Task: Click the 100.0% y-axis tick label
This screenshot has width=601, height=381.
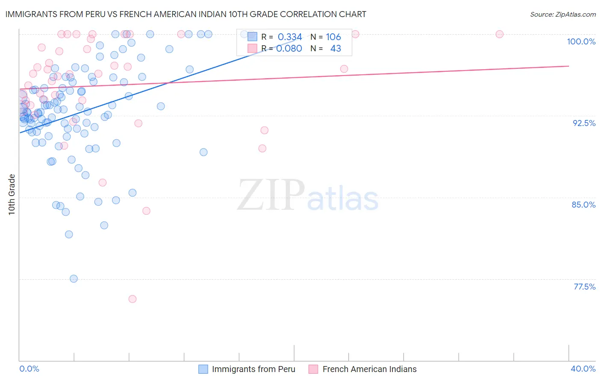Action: pos(581,41)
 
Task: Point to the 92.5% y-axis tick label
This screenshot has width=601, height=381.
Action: pos(584,123)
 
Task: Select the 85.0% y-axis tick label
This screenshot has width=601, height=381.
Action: pos(583,205)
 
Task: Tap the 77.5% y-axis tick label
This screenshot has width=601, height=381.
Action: pos(584,287)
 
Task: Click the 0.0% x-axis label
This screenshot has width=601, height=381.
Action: pos(29,369)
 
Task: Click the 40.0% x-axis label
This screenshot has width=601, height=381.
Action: pos(583,369)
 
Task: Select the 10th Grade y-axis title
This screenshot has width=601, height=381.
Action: pos(12,194)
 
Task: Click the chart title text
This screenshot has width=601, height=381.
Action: pos(186,14)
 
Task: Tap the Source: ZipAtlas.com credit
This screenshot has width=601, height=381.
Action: pos(563,15)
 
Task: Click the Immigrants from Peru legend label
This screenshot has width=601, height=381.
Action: pos(253,369)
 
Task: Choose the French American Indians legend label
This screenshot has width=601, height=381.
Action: pos(369,369)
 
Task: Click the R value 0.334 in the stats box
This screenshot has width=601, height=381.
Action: pos(290,37)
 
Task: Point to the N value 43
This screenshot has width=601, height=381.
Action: pos(336,49)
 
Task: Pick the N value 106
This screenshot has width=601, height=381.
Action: pos(333,37)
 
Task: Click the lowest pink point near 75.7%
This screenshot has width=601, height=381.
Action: pos(133,299)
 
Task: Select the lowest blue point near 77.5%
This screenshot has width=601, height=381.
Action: pos(74,279)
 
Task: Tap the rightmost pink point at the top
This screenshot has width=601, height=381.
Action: pos(499,34)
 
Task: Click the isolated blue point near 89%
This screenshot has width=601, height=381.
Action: pos(203,152)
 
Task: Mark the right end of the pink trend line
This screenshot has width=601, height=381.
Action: pos(569,66)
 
